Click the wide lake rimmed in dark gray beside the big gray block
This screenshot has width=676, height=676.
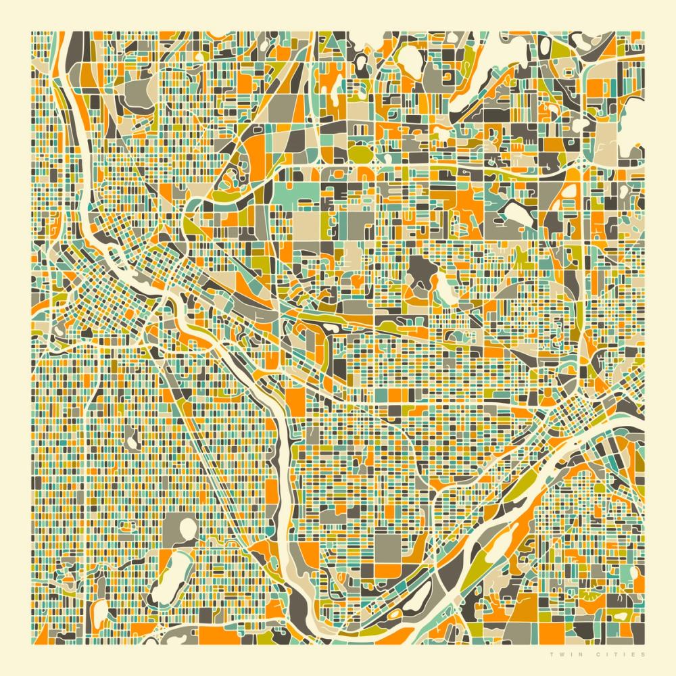[x=517, y=215]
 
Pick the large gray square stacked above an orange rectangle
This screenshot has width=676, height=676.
[x=387, y=548]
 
